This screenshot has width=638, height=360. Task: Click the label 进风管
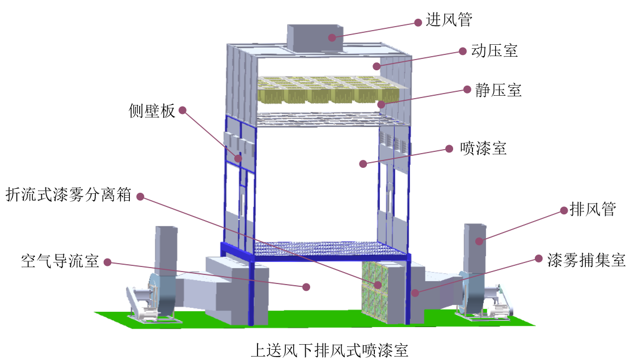coord(449,19)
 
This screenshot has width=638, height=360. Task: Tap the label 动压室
coord(495,50)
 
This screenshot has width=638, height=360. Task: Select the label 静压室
coord(498,90)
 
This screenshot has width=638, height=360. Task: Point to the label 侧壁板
coord(152,111)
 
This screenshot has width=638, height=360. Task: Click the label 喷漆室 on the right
coord(483,149)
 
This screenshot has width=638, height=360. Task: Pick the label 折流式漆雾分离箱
coord(69,194)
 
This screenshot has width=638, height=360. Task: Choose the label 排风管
coord(593,209)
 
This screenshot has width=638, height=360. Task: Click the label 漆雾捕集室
coord(586,260)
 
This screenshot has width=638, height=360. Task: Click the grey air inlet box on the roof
coord(315,38)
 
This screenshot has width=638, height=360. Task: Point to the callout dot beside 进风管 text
coord(418,22)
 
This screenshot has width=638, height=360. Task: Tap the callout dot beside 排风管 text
coord(564,210)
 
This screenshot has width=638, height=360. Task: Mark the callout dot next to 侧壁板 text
coord(183,110)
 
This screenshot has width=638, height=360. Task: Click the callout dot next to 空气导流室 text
coord(107,262)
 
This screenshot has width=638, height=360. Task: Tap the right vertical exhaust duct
coord(475,248)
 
